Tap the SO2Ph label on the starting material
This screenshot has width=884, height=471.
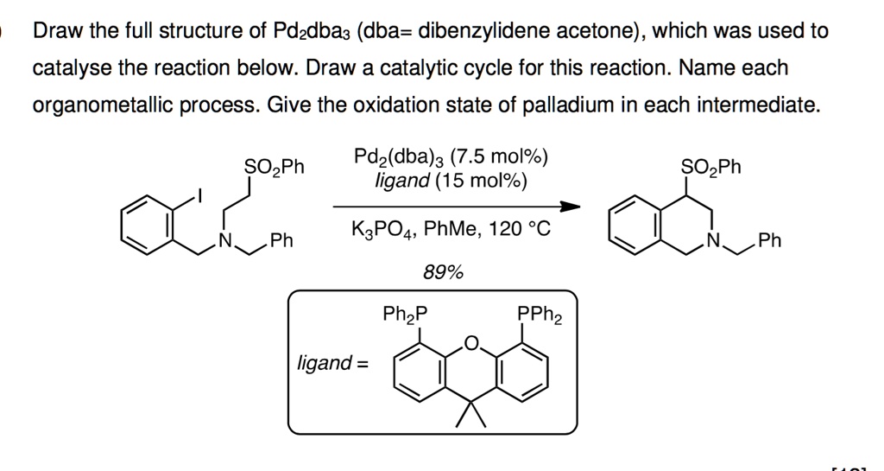275,165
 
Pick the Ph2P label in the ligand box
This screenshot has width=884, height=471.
404,314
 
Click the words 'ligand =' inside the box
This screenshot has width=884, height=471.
331,363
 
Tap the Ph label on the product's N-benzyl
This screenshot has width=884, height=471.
769,240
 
